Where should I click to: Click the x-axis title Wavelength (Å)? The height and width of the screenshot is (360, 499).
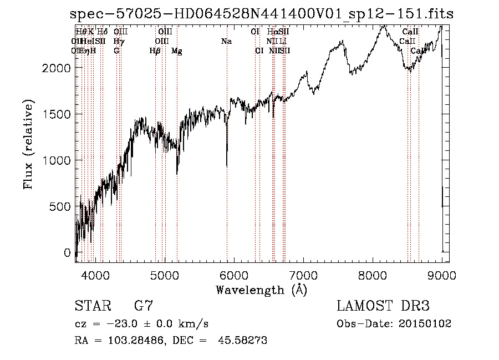point(261,290)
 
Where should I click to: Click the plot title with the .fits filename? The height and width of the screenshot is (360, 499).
point(258,14)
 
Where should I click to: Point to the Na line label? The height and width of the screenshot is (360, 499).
point(226,41)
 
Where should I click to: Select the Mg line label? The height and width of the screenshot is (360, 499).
point(177,51)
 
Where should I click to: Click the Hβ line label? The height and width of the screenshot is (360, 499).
point(155,51)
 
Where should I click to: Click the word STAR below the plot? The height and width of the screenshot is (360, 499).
point(91,307)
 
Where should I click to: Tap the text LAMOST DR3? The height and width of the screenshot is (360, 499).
point(383,307)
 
